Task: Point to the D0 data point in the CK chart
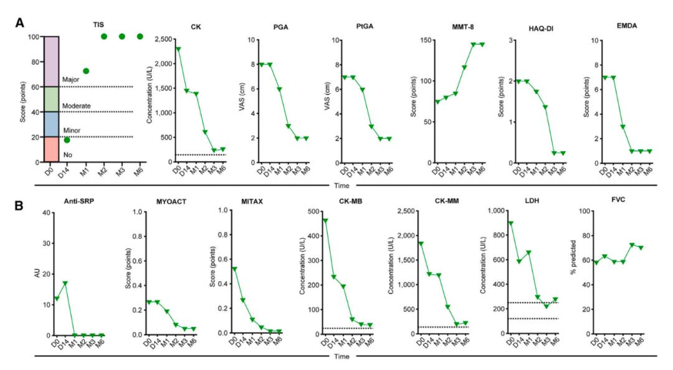pyautogui.click(x=161, y=49)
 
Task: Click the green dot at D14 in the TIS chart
pyautogui.click(x=67, y=140)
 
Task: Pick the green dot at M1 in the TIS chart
pyautogui.click(x=86, y=71)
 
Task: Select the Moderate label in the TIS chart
pyautogui.click(x=77, y=106)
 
